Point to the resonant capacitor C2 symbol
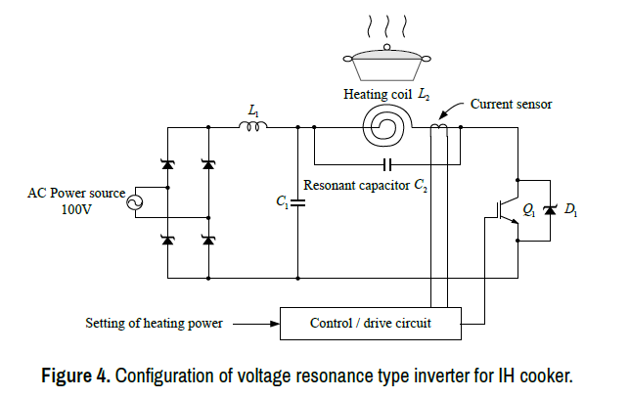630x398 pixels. [388, 163]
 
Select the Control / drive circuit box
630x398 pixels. [370, 322]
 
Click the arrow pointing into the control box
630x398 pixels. [252, 322]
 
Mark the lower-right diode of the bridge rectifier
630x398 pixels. [207, 240]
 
